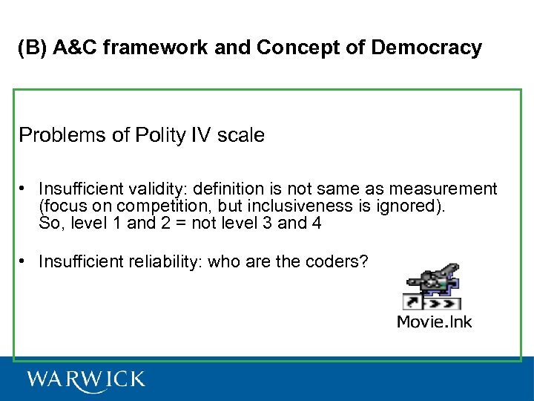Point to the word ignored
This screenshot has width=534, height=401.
(418, 206)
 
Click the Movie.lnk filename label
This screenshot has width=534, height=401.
(435, 321)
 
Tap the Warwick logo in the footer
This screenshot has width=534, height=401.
(86, 379)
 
